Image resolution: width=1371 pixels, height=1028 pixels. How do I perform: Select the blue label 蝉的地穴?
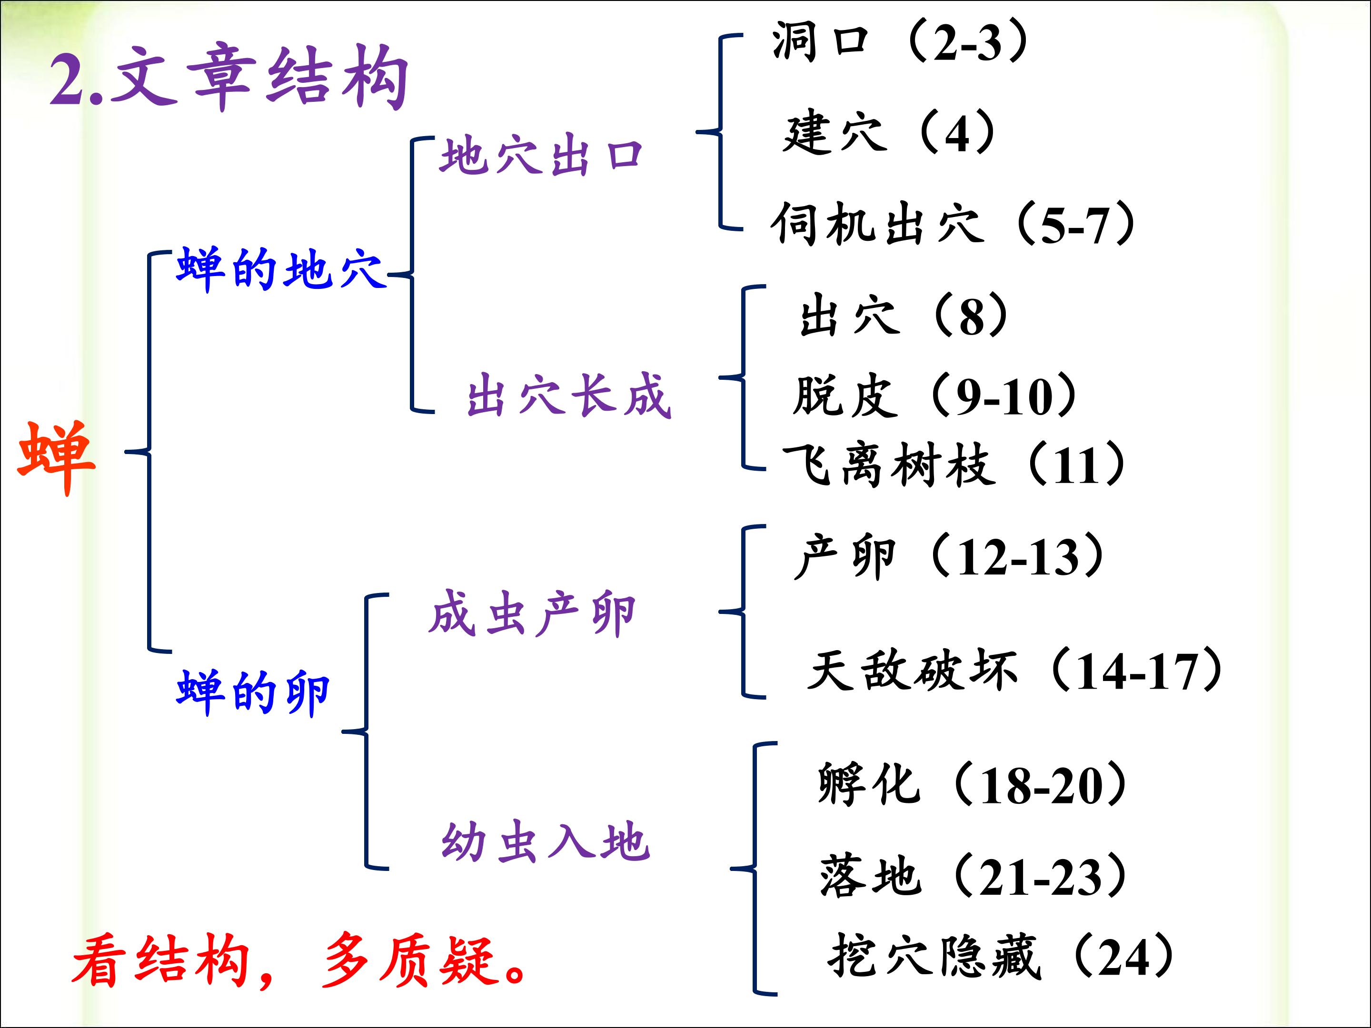point(279,269)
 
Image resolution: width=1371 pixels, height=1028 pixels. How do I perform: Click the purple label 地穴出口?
point(540,156)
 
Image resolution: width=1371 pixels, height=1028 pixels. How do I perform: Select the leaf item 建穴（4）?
point(889,132)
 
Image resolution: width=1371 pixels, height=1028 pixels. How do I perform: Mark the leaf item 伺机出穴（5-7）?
point(953,224)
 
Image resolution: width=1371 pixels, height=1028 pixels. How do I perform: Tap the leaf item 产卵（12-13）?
point(948,556)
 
